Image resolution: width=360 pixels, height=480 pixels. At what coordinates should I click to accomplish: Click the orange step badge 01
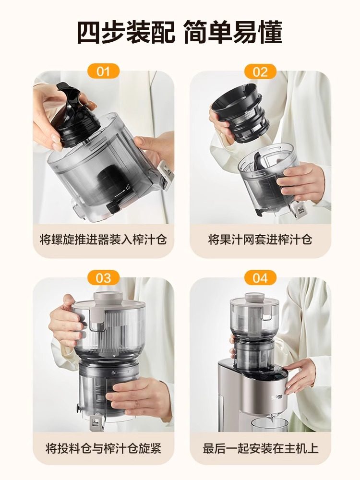click(x=103, y=72)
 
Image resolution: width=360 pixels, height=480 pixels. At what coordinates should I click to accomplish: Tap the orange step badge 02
click(x=260, y=72)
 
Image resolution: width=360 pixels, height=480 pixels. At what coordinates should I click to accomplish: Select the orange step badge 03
click(x=103, y=278)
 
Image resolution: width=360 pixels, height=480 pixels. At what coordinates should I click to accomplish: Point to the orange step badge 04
click(x=260, y=278)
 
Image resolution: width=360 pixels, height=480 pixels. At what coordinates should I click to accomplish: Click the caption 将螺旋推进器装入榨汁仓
click(x=103, y=239)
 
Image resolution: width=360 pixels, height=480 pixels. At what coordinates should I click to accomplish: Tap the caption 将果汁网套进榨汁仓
click(x=260, y=239)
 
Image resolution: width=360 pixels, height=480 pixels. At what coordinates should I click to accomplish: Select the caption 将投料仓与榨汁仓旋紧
click(x=103, y=448)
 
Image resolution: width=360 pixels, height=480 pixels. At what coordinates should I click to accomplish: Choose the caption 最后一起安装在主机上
click(x=260, y=448)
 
